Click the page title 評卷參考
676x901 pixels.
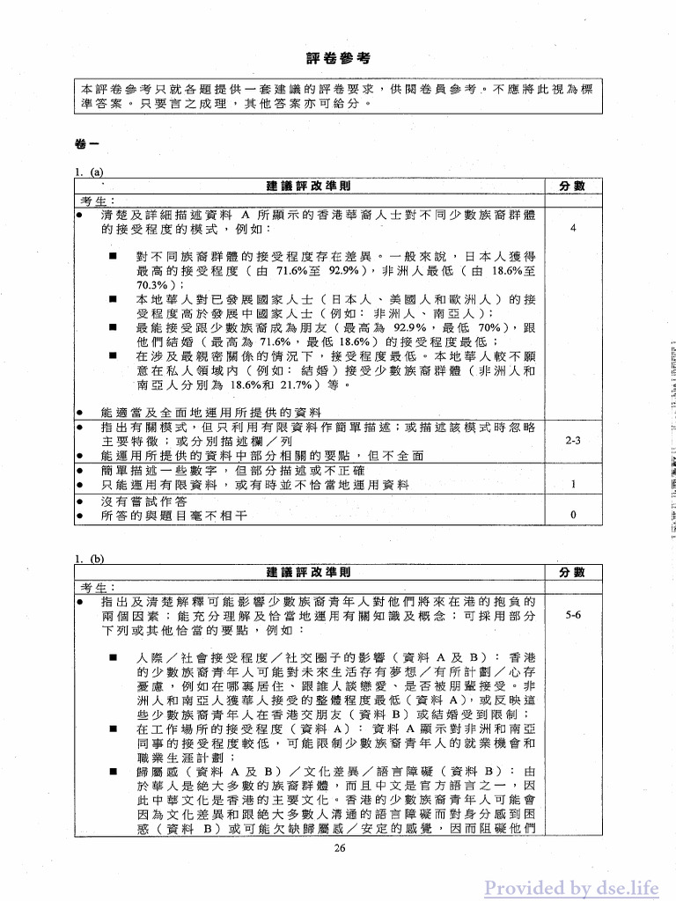pyautogui.click(x=338, y=58)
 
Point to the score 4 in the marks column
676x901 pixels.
pyautogui.click(x=573, y=229)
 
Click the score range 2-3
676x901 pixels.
pyautogui.click(x=573, y=442)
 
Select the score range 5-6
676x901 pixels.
pyautogui.click(x=573, y=616)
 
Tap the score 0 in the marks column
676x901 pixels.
pyautogui.click(x=573, y=515)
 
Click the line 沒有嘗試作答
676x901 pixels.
pyautogui.click(x=144, y=501)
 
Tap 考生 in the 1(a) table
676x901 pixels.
pyautogui.click(x=97, y=201)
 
